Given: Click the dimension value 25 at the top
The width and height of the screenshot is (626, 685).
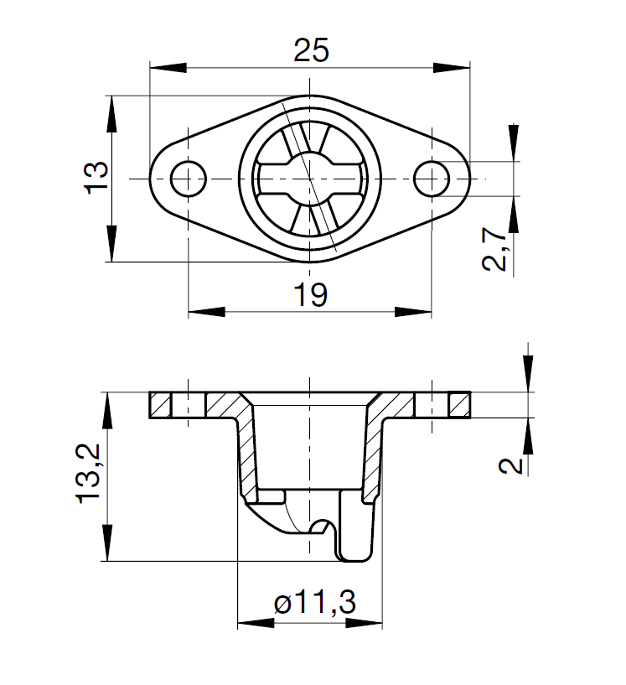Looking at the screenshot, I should [311, 51].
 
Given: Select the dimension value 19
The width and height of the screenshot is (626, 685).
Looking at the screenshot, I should [311, 294].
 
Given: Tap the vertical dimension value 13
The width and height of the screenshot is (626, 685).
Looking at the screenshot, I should [96, 178].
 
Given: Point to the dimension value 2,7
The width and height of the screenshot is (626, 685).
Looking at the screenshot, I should [497, 249].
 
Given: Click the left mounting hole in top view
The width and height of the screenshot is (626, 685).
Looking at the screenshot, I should [188, 178].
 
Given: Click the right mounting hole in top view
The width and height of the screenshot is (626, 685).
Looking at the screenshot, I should [432, 178].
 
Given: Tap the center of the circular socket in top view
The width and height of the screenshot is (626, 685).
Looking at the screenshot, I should [310, 178].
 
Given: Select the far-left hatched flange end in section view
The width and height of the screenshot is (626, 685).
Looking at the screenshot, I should [160, 406].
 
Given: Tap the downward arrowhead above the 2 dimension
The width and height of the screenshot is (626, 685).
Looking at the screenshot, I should [528, 374].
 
